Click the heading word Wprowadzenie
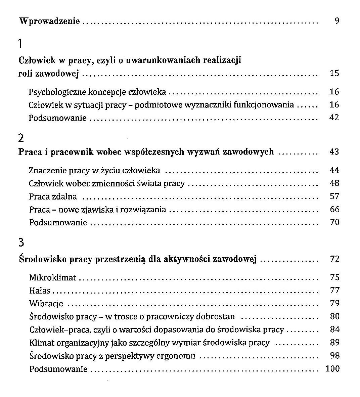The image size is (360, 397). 49,21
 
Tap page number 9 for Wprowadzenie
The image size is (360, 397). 337,21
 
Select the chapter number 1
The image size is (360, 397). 20,44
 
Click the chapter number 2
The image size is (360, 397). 21,138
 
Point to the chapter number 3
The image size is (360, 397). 21,242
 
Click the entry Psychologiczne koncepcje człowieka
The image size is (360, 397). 97,92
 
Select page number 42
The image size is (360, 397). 334,118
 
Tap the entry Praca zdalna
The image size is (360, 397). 53,196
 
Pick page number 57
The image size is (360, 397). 334,196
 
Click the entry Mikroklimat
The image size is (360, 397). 53,278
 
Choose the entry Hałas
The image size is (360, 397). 40,291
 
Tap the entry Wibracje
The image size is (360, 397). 46,304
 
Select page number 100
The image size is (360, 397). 332,369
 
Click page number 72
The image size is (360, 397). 334,259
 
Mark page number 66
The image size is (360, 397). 334,210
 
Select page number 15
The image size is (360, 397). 334,73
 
